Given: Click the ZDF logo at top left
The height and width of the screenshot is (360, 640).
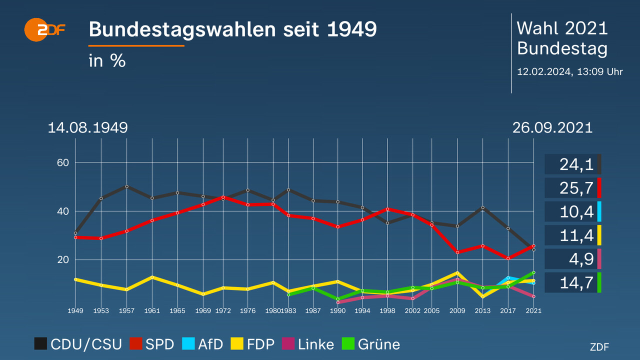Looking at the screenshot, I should tap(44, 29).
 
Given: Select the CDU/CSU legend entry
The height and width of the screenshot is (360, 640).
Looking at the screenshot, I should tap(78, 344).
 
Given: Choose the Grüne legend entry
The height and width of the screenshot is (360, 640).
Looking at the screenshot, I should tap(371, 344).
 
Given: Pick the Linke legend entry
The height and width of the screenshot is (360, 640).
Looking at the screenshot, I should tap(307, 344).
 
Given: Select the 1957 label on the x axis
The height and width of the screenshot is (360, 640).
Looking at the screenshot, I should tap(126, 310).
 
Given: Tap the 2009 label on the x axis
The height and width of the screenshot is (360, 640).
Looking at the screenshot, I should tap(457, 310).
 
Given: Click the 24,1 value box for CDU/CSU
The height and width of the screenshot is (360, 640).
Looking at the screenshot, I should tap(573, 164).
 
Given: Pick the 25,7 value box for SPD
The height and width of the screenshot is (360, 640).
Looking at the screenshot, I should tap(573, 188).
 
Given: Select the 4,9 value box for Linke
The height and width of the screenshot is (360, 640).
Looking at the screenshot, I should tap(573, 259).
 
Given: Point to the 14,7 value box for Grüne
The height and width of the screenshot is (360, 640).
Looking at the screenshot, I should tap(573, 282).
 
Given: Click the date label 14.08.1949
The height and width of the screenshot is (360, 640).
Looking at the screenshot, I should tap(87, 127).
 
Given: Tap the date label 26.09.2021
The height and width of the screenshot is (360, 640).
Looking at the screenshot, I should tap(552, 127).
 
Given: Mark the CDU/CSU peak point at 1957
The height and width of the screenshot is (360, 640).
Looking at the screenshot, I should tap(126, 186).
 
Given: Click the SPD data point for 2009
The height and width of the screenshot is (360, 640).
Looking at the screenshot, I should tap(457, 252).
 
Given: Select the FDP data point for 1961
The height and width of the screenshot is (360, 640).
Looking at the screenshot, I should tap(152, 277).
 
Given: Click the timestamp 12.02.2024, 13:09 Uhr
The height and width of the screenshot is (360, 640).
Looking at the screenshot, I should tap(569, 71).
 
